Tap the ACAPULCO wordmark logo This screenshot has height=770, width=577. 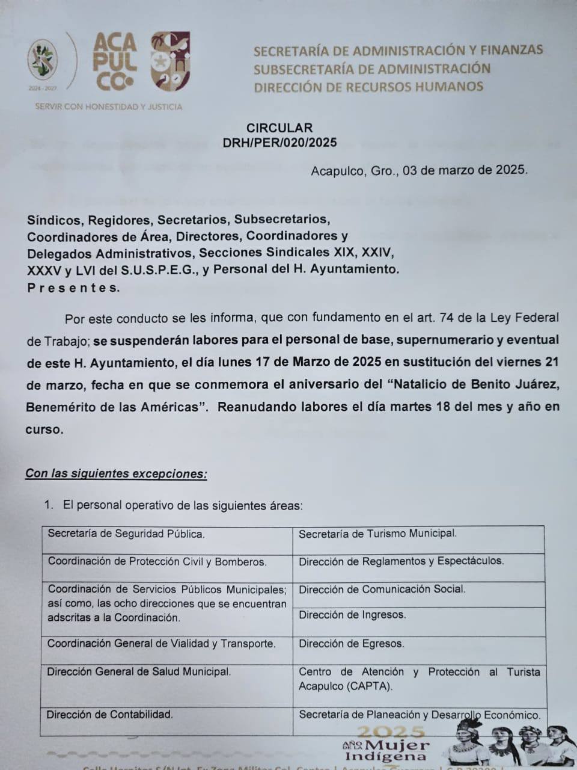click(x=115, y=62)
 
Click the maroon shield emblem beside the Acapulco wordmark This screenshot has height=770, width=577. click(x=169, y=61)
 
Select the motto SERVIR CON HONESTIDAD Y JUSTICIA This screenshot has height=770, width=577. click(x=108, y=106)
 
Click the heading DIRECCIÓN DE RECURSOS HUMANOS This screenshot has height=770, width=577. click(x=368, y=87)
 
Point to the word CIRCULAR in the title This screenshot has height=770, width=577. click(x=279, y=128)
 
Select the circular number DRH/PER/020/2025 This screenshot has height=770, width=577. click(x=279, y=143)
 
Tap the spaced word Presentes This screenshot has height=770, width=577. click(x=73, y=288)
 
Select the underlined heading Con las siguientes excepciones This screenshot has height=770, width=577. click(x=116, y=473)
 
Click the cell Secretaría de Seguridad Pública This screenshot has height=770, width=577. click(x=126, y=534)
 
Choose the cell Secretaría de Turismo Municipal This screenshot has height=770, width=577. click(x=377, y=534)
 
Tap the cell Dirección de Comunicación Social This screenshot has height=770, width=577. click(x=382, y=590)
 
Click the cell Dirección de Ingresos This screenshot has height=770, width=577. click(x=352, y=615)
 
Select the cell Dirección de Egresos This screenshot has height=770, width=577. click(x=351, y=644)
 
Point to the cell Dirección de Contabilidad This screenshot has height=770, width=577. click(x=110, y=715)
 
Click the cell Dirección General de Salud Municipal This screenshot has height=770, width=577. click(x=139, y=672)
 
